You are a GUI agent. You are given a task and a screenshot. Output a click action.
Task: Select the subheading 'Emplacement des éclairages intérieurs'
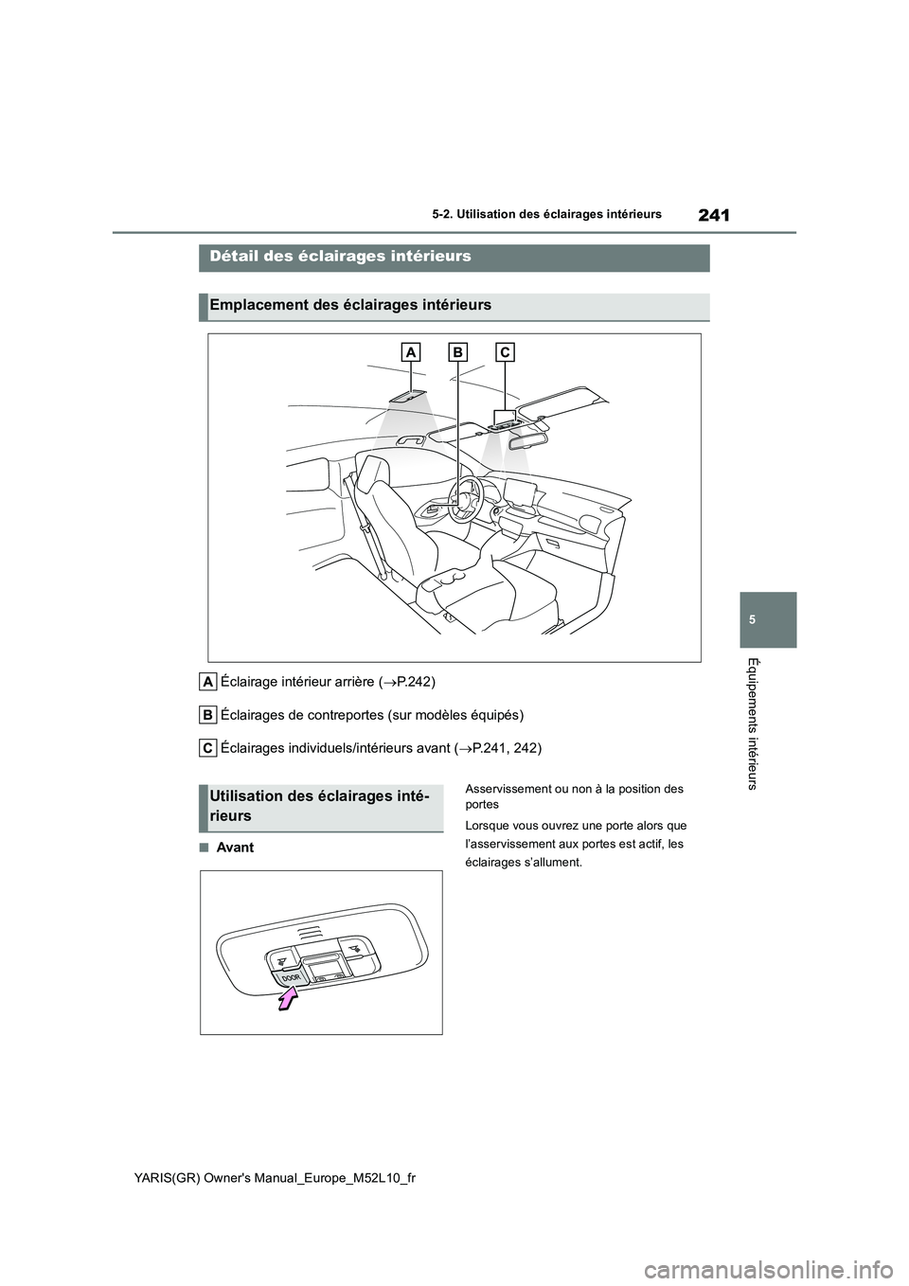(350, 305)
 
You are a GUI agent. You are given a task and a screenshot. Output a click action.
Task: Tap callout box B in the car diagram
(457, 352)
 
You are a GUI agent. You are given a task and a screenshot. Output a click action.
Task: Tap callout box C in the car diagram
(504, 352)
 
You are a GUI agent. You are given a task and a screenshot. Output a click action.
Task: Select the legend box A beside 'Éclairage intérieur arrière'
(207, 682)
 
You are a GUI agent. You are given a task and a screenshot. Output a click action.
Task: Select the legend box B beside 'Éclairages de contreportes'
(207, 714)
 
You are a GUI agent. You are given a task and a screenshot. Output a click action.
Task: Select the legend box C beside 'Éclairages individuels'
(207, 747)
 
